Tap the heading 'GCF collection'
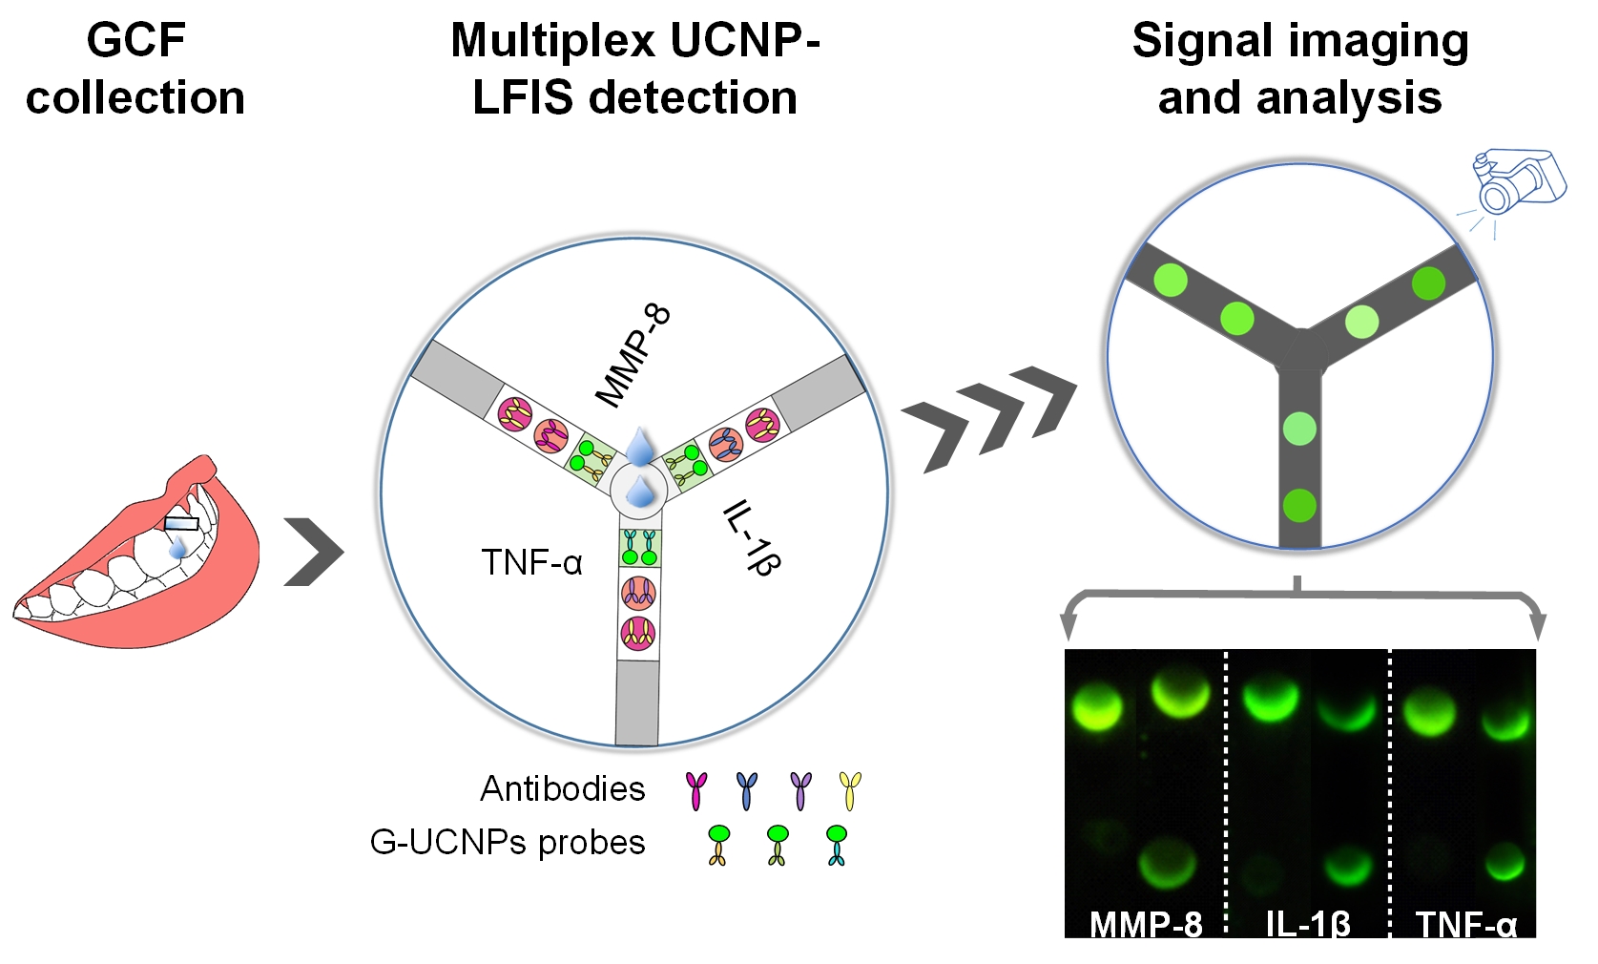(135, 69)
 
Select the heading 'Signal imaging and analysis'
(1299, 69)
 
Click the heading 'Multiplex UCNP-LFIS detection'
(635, 69)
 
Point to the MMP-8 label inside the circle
(633, 356)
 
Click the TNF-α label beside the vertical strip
(531, 562)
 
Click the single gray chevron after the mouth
(313, 552)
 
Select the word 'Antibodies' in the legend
(563, 788)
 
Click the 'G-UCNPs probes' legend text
(508, 842)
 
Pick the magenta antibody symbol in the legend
(697, 790)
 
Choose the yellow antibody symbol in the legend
(849, 790)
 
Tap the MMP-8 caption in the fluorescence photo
(1146, 923)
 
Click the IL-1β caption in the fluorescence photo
(1308, 923)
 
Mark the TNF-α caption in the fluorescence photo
(1466, 923)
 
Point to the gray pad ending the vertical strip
(637, 702)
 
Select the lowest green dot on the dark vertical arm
(1299, 505)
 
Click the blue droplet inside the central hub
(639, 492)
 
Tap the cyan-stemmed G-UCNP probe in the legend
(836, 845)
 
